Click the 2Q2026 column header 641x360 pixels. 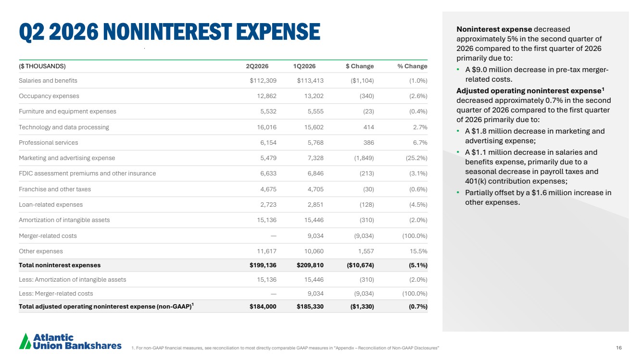[x=257, y=66]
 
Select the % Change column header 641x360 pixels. [x=412, y=66]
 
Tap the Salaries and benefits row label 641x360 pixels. [x=48, y=81]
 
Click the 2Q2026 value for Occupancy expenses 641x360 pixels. [x=266, y=96]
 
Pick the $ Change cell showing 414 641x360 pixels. [x=368, y=127]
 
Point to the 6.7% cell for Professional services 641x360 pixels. [x=420, y=143]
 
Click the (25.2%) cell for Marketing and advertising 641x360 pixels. [x=416, y=158]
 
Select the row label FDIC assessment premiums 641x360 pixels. [x=88, y=174]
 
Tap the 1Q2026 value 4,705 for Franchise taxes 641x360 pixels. [x=315, y=189]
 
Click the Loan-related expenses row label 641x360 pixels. [x=50, y=205]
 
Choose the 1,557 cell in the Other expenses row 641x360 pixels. [x=366, y=251]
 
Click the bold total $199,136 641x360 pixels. [x=263, y=265]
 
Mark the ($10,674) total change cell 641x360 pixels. [x=360, y=265]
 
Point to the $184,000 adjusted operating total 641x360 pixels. [x=263, y=307]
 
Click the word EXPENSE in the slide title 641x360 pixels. [x=278, y=31]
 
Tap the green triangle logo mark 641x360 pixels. [x=25, y=341]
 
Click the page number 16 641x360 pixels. [x=619, y=348]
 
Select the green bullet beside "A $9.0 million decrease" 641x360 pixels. [x=458, y=70]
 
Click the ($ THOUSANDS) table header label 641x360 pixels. [x=42, y=66]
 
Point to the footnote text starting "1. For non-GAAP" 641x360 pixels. [x=285, y=348]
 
